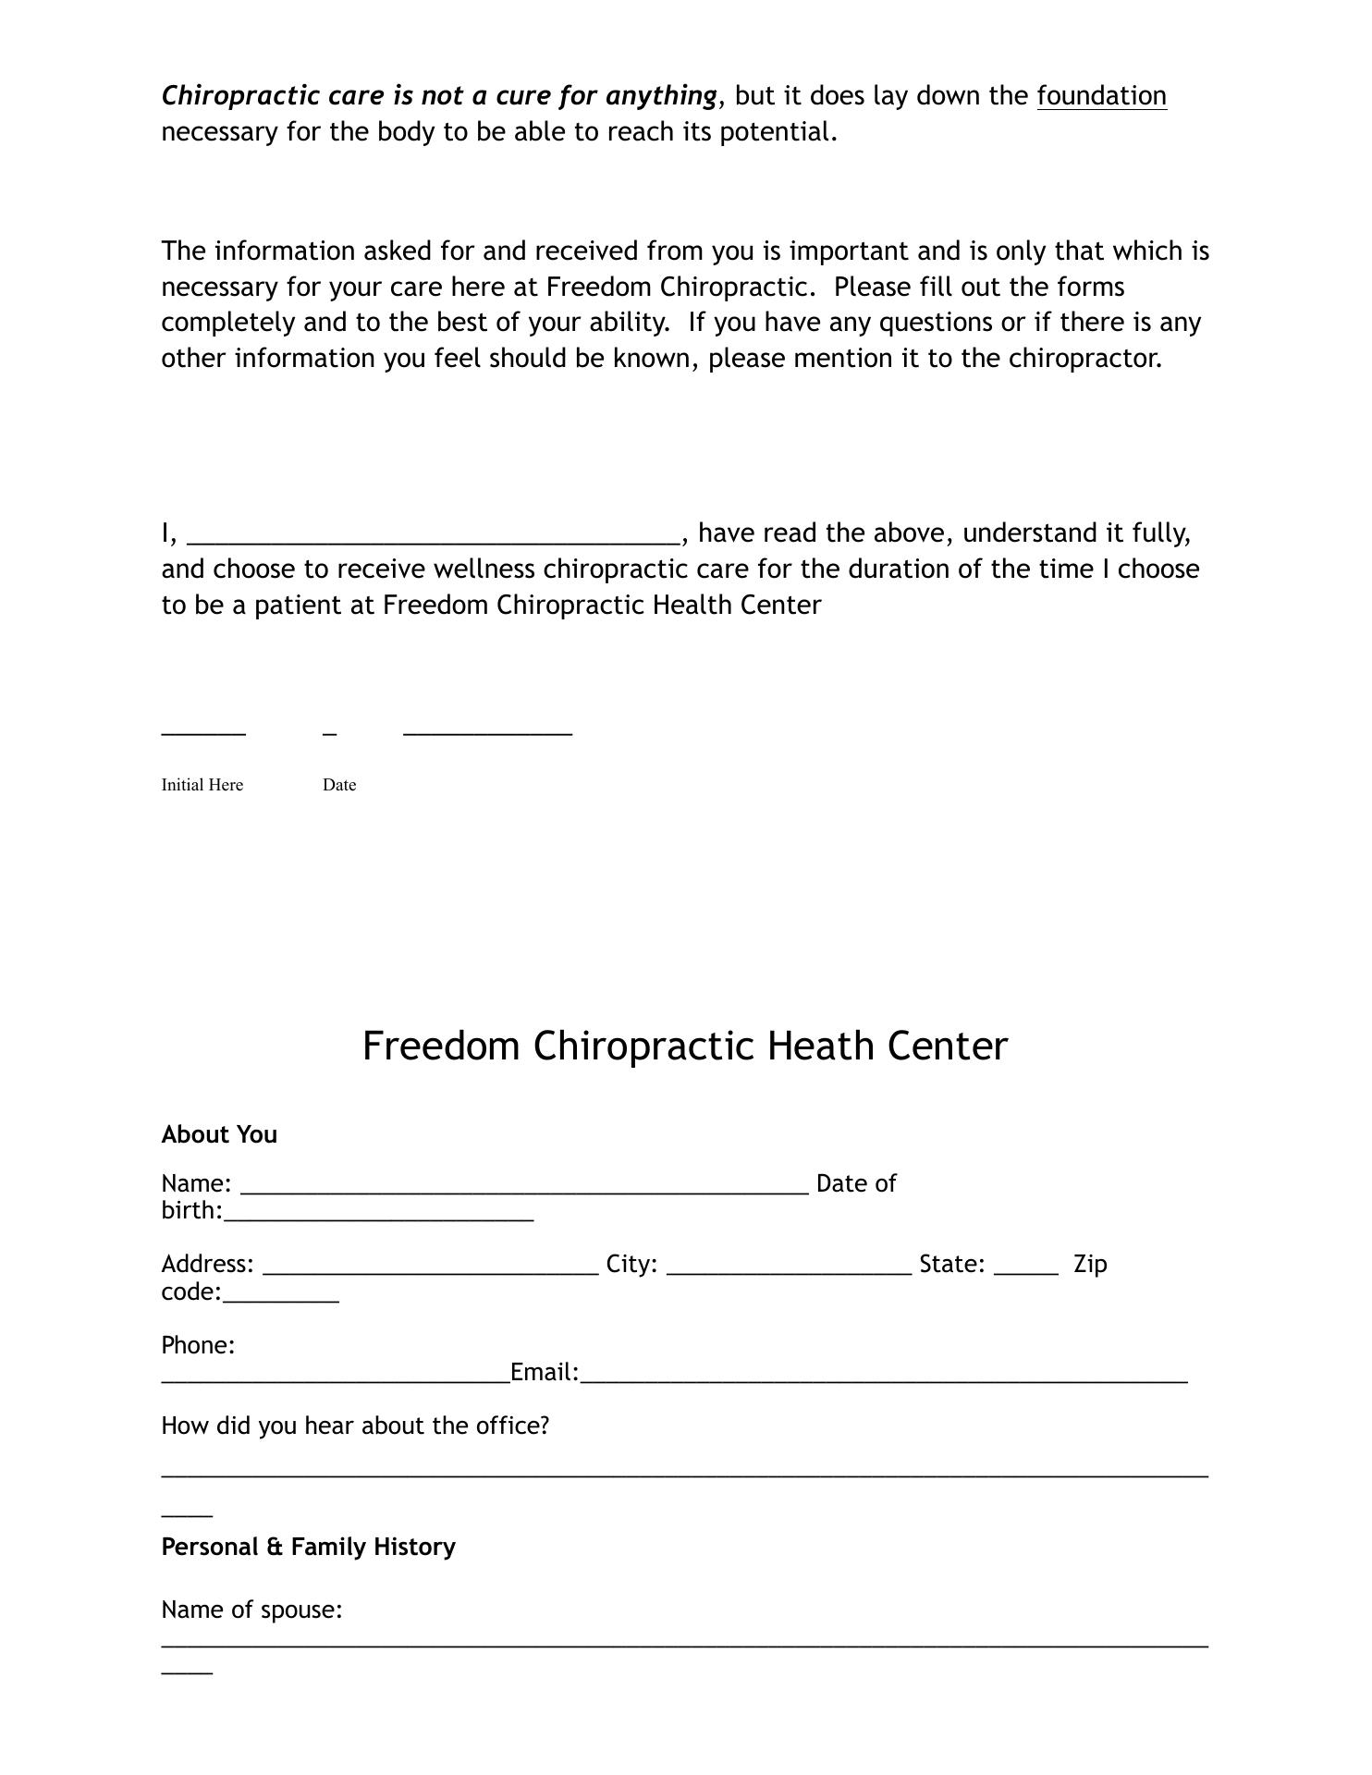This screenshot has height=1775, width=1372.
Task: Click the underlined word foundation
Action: tap(1101, 96)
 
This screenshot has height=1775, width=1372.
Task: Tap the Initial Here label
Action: tap(202, 785)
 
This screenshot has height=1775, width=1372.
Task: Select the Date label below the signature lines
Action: tap(339, 785)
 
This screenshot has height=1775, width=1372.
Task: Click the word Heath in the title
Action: tap(822, 1047)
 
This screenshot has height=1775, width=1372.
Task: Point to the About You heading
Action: tap(219, 1134)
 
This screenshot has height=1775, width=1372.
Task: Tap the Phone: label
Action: tap(198, 1345)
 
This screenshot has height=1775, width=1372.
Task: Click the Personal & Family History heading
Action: tap(308, 1547)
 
